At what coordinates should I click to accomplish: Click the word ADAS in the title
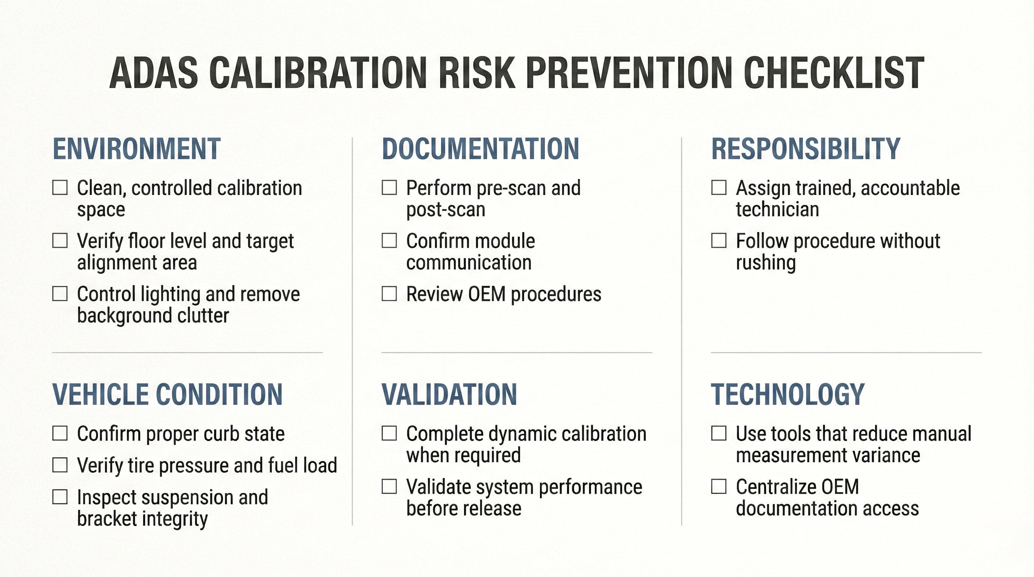click(x=153, y=73)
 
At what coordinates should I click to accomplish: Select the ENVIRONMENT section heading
click(x=136, y=149)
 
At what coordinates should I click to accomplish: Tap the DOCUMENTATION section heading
click(x=481, y=149)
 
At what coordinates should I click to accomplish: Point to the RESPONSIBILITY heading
click(x=806, y=149)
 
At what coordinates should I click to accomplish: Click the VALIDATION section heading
click(x=449, y=394)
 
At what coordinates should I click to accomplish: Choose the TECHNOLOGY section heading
click(x=788, y=394)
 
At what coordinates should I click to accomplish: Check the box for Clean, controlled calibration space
click(x=60, y=188)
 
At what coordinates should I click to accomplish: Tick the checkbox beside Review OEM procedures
click(x=389, y=294)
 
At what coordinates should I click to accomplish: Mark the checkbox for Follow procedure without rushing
click(x=718, y=241)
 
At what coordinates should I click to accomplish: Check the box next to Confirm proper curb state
click(x=60, y=434)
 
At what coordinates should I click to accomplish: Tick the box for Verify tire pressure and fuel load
click(x=60, y=465)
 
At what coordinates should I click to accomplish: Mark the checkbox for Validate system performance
click(x=389, y=486)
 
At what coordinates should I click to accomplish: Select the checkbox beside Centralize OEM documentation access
click(x=718, y=486)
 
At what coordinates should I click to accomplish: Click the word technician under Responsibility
click(x=777, y=210)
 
